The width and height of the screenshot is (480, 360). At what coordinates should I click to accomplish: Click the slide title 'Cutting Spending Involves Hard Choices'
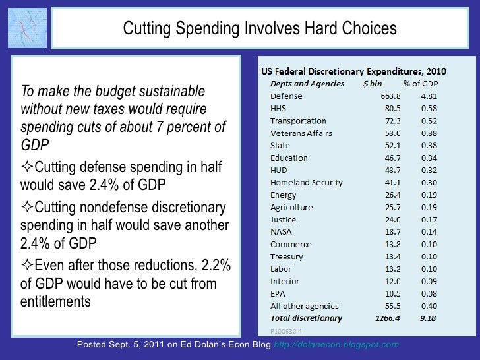pos(260,28)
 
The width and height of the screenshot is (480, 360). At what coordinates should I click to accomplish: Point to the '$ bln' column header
pos(376,84)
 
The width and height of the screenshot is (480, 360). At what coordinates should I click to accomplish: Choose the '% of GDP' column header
pos(421,84)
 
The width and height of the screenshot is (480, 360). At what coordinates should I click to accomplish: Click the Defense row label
pos(286,96)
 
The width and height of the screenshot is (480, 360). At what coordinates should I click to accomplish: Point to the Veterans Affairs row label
pos(301,133)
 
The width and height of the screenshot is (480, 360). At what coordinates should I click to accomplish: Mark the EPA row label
pos(278,293)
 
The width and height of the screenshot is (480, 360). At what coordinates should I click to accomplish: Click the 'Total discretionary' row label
pos(306,318)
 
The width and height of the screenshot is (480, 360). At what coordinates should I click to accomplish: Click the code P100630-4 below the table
pos(284,331)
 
